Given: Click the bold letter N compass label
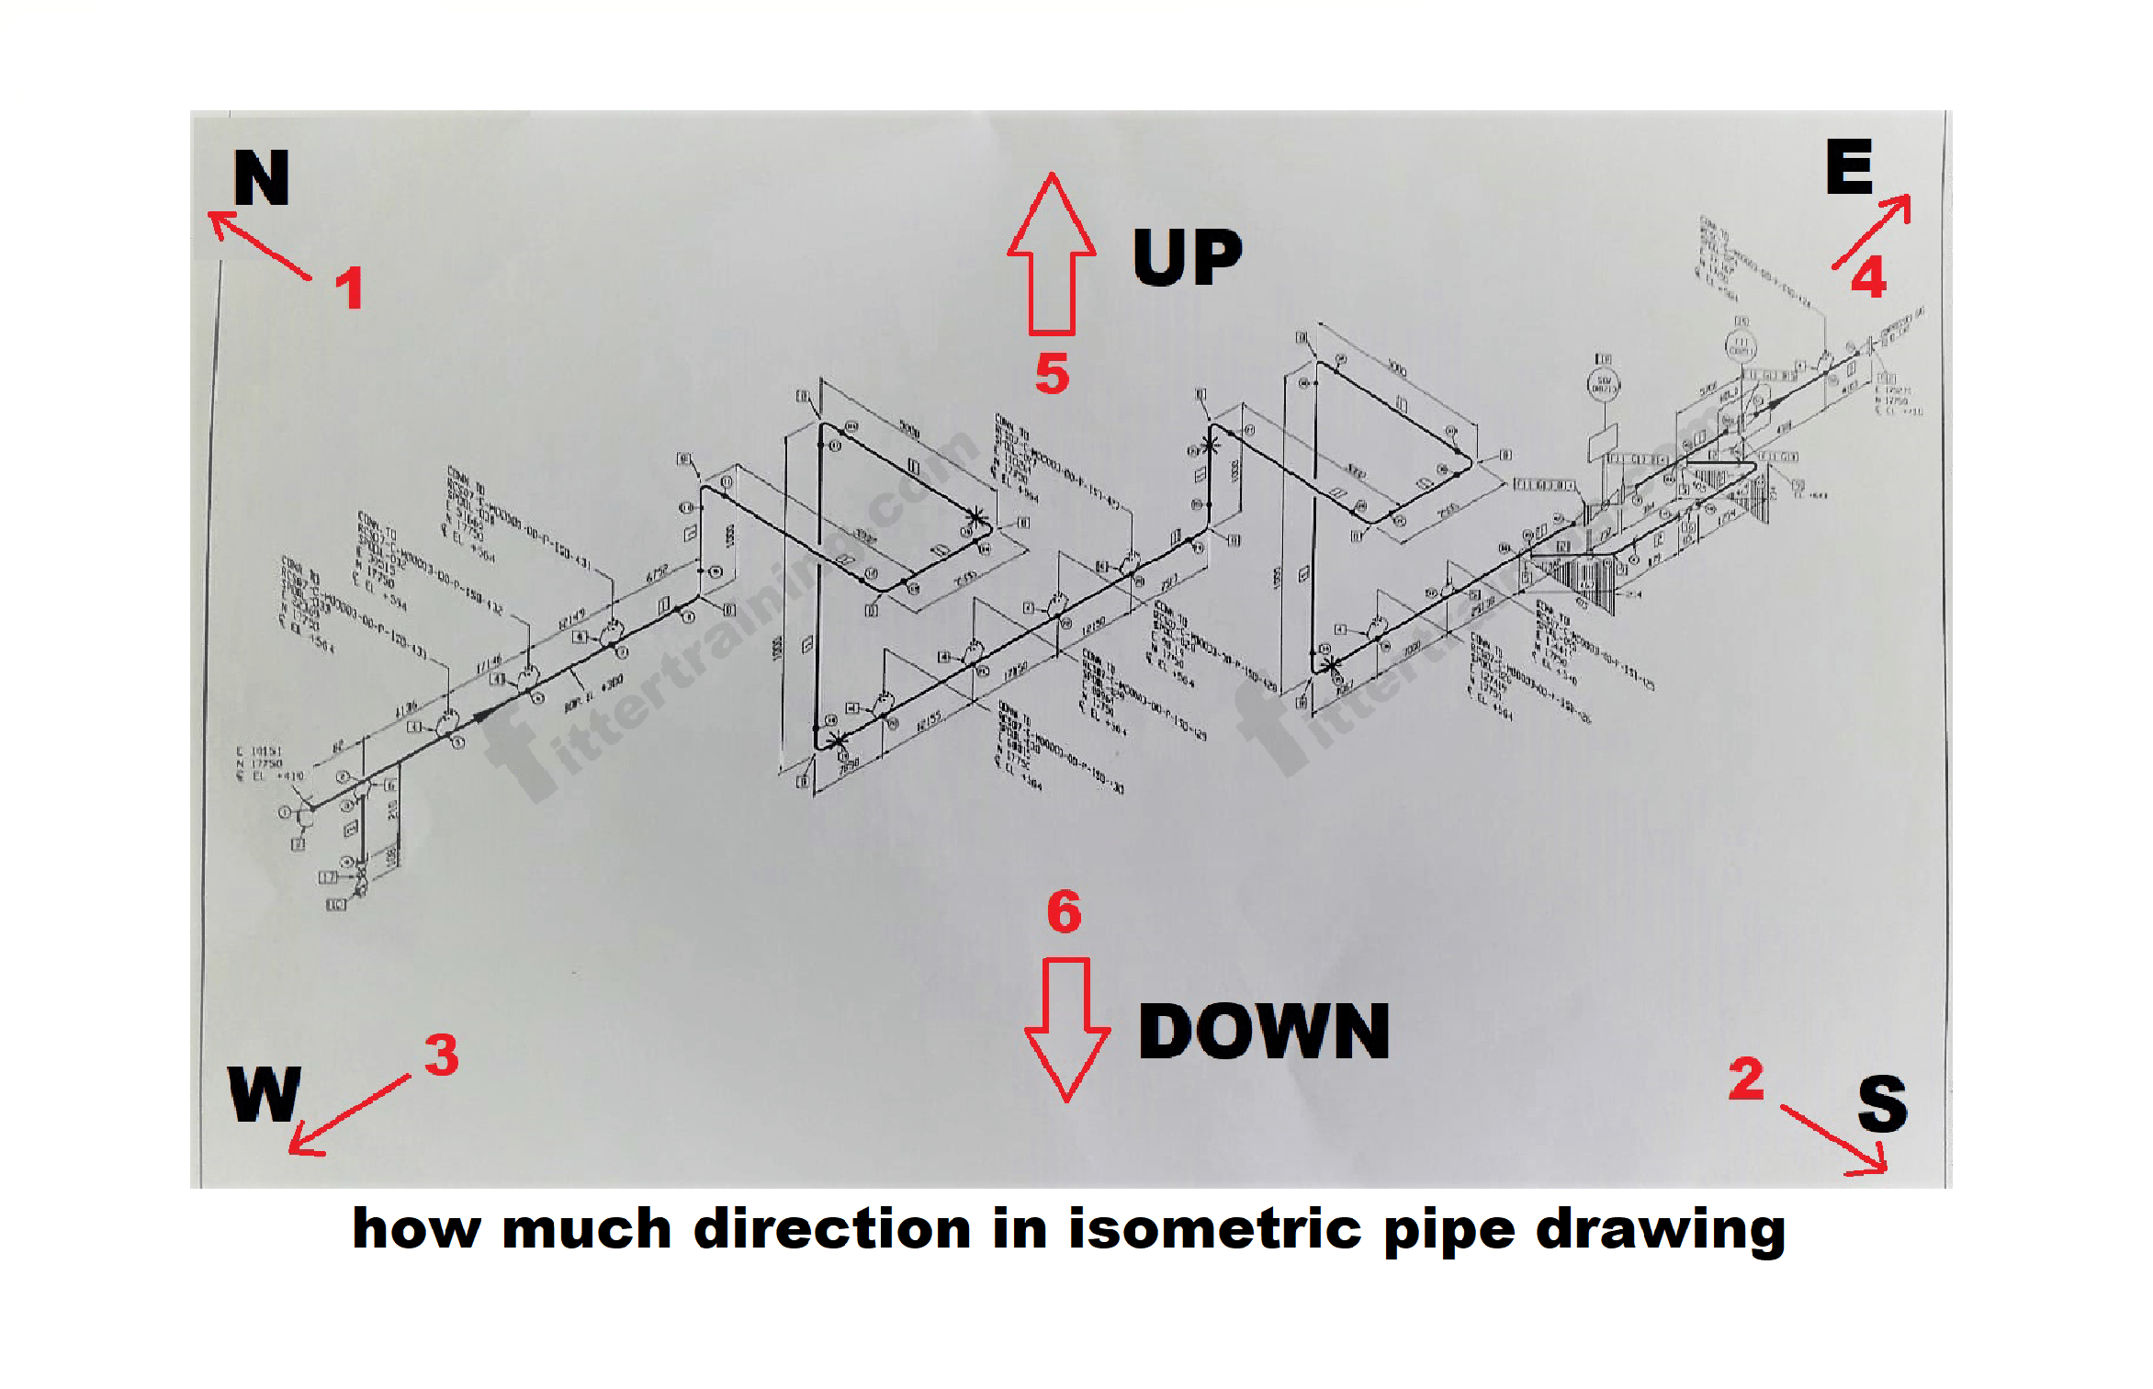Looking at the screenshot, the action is [261, 178].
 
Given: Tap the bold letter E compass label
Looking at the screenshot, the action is [1848, 167].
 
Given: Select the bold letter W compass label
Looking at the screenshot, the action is [265, 1095].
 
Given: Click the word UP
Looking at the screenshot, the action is [1188, 258].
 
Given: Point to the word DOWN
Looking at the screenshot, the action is [1264, 1032].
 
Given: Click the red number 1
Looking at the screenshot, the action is [349, 288].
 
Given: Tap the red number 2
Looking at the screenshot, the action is [1746, 1078].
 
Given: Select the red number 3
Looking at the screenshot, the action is [442, 1055].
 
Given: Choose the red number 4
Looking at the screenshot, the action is [1869, 277].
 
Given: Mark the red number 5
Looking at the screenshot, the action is [1053, 374].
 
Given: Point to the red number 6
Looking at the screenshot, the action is [1065, 911].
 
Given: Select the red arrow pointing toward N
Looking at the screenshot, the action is [259, 244].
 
